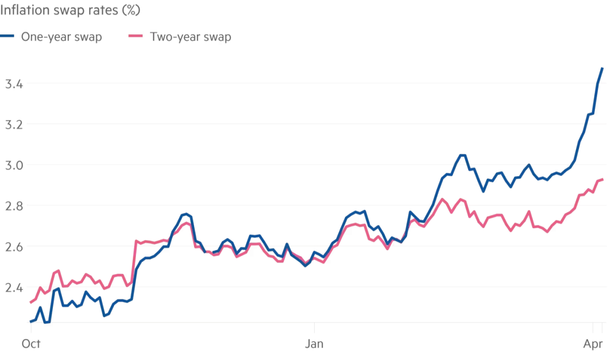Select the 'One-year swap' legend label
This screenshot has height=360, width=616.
pos(61,37)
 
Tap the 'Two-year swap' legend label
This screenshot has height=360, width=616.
pos(190,37)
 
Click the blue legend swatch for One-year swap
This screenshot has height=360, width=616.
pos(8,36)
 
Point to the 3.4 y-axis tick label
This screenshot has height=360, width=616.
pos(13,84)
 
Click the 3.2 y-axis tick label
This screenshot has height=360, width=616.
pos(13,124)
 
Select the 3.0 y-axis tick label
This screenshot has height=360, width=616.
pos(13,165)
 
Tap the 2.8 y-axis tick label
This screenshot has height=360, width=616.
pos(13,206)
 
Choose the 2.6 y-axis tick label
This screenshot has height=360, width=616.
pos(13,247)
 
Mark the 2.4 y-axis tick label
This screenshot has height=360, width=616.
pos(13,288)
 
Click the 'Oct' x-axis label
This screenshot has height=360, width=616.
pos(31,344)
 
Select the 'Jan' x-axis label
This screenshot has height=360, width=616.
pos(314,344)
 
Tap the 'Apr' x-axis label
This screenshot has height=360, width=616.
pos(594,344)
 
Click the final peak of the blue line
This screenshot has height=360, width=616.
pos(602,68)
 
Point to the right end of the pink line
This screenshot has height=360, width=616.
pos(602,179)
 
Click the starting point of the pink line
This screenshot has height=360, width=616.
pos(31,302)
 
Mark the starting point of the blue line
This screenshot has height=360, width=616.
pos(31,321)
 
